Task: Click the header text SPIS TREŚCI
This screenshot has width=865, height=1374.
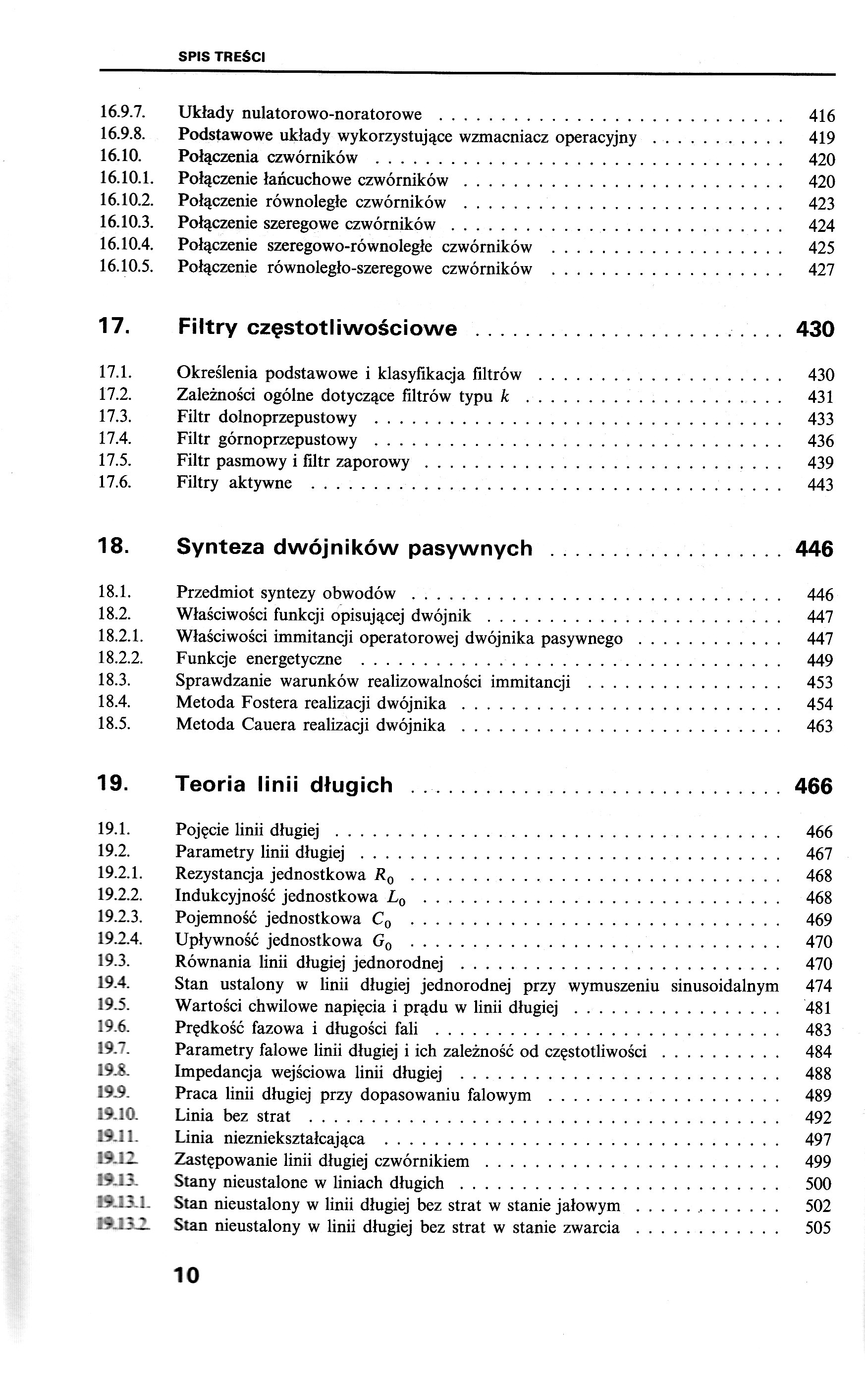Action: point(222,57)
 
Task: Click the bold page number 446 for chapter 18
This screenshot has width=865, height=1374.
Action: point(813,550)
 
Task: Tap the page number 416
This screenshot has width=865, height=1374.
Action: point(821,116)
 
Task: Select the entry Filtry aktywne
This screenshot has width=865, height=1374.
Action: point(234,483)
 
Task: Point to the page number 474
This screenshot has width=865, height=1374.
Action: point(819,986)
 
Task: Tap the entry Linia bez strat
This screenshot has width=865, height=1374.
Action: point(233,1116)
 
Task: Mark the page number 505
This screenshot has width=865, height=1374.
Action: point(818,1228)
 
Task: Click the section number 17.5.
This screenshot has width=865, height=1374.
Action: point(115,460)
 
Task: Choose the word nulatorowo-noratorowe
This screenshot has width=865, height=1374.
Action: point(332,114)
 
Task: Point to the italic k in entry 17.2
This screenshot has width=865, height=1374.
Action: point(504,395)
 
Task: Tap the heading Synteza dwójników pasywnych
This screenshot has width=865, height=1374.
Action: point(354,548)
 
